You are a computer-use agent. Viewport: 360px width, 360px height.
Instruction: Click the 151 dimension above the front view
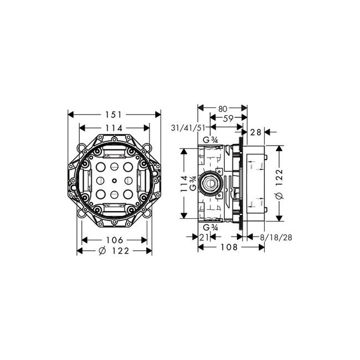114,115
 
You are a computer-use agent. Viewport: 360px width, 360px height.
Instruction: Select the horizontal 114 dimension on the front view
114,128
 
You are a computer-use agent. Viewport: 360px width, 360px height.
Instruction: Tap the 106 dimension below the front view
114,240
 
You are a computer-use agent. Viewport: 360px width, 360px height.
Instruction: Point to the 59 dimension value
228,117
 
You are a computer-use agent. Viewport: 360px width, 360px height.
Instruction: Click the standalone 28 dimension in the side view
256,132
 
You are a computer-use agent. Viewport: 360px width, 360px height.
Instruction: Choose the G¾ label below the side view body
209,227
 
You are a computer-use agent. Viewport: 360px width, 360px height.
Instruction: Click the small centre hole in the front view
114,180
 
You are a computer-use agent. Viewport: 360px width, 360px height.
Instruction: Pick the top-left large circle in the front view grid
101,167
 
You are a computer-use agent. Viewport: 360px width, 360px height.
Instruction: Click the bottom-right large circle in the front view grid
127,194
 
